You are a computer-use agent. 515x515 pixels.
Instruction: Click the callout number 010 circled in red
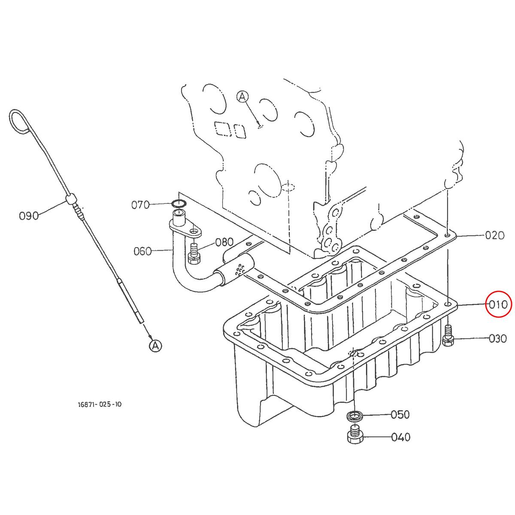tap(498, 304)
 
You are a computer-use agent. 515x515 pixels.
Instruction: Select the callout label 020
tap(494, 235)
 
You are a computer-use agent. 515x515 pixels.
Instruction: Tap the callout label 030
tap(498, 339)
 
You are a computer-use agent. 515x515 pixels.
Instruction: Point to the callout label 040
tap(401, 437)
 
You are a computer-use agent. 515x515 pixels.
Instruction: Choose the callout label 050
tap(400, 415)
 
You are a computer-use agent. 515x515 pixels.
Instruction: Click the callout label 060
tap(142, 251)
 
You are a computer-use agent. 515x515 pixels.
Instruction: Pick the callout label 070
tap(140, 205)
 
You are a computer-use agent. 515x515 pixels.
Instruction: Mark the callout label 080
tap(224, 242)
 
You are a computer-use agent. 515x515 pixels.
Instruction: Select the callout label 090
tap(29, 215)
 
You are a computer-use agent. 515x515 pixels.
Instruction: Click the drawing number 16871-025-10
tap(97, 404)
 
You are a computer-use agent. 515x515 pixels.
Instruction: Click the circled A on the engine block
tap(242, 97)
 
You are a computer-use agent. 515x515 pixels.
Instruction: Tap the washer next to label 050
tap(354, 415)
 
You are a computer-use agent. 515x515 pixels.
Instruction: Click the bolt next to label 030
tap(448, 336)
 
